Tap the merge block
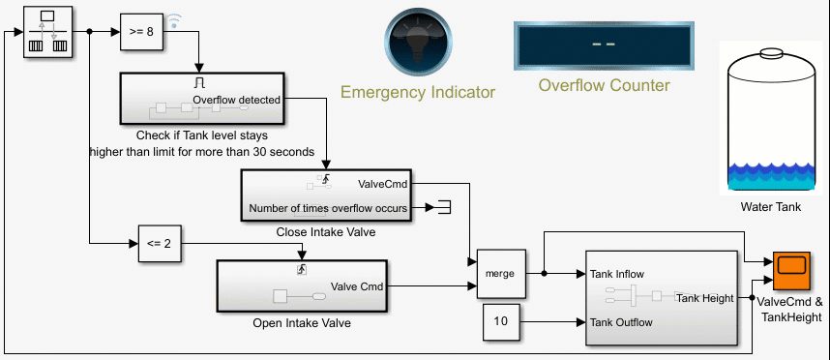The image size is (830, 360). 501,274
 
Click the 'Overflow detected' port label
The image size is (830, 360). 237,100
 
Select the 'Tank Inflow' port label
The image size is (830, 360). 617,274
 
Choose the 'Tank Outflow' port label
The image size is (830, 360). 621,321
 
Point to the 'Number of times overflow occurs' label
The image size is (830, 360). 328,207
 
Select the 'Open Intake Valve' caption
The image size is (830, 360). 301,323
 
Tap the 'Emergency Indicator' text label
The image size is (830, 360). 418,93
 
